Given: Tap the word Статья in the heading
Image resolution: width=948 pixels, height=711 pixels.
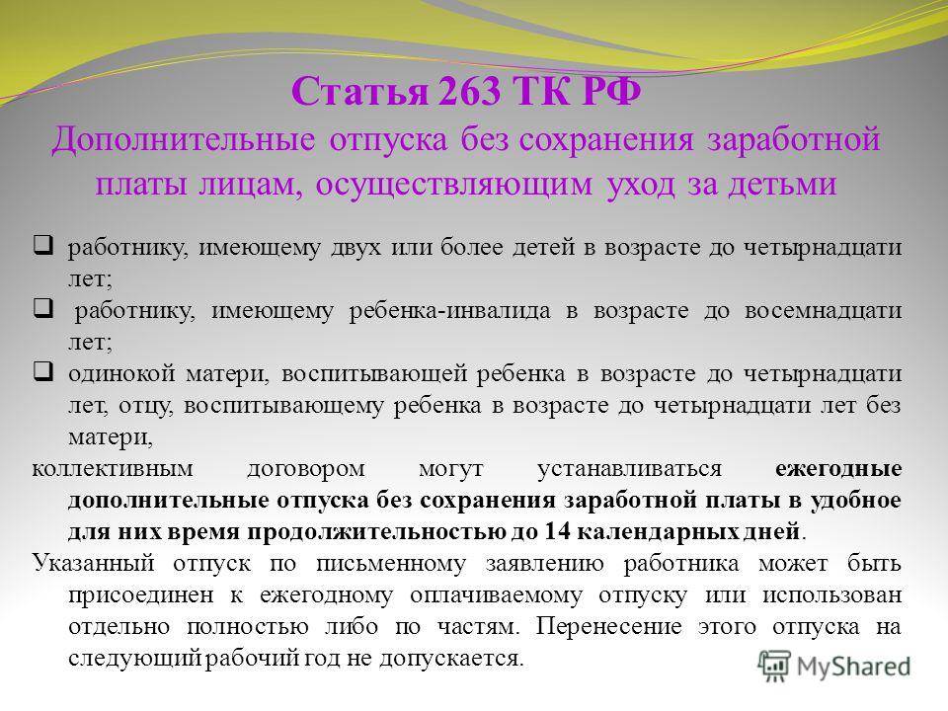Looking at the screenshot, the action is [359, 92].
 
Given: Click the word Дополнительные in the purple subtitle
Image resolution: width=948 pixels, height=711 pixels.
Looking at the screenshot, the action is [184, 140].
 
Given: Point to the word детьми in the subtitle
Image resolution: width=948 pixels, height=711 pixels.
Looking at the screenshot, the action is [782, 184].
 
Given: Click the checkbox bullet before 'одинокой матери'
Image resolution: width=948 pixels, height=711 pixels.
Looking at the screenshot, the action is [42, 371].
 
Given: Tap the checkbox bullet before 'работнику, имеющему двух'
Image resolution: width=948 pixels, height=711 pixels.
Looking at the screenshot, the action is [42, 245].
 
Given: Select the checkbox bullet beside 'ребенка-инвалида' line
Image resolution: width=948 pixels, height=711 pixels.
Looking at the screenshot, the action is [42, 308].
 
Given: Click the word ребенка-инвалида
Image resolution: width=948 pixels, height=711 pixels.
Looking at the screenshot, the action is [450, 311].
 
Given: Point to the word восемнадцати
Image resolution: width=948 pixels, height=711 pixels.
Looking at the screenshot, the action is [823, 311].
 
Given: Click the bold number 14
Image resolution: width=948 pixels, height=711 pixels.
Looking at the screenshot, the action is [557, 531].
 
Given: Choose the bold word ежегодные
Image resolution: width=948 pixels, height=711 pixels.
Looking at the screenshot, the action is [838, 469].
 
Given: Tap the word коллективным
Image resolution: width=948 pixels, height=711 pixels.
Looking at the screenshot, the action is [113, 469].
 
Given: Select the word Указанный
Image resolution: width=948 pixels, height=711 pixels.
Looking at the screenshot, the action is [94, 564].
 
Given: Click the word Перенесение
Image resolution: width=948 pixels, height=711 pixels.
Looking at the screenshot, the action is [609, 626].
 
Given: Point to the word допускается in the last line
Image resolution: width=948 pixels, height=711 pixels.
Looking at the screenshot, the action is [451, 659].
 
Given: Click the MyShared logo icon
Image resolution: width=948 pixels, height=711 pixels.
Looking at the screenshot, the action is [774, 667].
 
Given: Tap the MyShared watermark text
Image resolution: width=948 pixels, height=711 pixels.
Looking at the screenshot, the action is [853, 667].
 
